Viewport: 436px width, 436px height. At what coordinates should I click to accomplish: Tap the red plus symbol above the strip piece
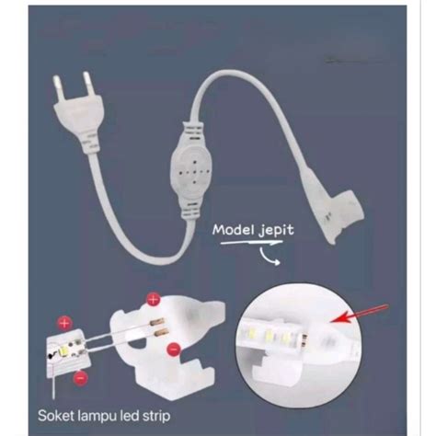64,323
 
